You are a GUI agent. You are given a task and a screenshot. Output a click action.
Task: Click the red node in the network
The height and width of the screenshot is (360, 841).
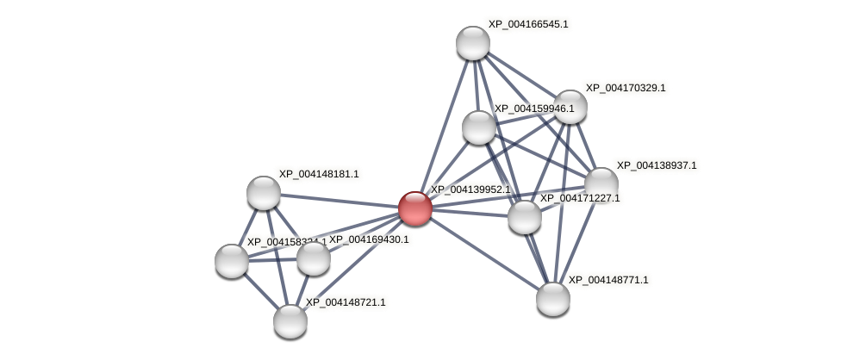click(414, 208)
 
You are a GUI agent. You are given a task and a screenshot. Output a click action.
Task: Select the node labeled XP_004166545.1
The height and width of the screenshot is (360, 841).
click(473, 43)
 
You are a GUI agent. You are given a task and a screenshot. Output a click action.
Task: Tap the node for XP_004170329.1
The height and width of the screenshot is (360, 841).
click(570, 107)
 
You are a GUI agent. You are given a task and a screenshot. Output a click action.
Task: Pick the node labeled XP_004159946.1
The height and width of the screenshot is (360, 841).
click(479, 127)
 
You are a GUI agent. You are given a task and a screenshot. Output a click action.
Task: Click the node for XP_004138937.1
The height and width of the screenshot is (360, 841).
click(601, 184)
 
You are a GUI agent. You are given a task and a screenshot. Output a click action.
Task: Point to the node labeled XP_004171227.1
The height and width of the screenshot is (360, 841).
click(525, 217)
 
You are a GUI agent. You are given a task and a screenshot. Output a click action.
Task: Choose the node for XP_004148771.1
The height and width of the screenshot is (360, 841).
click(553, 299)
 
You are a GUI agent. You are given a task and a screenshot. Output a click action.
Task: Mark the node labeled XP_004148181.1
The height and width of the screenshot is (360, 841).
click(264, 193)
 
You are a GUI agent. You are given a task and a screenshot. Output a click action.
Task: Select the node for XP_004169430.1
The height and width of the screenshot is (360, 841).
click(314, 258)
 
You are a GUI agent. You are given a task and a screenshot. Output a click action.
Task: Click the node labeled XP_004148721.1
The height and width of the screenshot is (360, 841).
click(290, 321)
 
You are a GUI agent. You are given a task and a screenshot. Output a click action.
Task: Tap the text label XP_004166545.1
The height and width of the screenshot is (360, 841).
click(528, 24)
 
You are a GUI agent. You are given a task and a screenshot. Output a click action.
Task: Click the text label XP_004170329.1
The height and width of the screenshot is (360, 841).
click(626, 88)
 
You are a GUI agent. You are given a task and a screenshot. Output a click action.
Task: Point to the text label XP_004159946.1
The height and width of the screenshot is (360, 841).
click(534, 109)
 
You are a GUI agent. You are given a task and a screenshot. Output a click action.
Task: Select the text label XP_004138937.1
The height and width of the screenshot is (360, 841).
click(657, 165)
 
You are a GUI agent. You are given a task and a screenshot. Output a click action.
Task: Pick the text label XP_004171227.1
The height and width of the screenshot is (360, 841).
click(580, 198)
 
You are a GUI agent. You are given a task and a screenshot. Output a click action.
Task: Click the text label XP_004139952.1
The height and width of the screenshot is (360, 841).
click(470, 189)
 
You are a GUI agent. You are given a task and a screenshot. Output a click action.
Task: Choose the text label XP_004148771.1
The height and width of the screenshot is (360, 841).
click(608, 280)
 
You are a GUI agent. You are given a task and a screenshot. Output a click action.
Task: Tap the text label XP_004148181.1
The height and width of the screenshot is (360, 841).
click(319, 174)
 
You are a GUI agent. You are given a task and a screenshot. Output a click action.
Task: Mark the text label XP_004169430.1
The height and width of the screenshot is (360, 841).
click(369, 239)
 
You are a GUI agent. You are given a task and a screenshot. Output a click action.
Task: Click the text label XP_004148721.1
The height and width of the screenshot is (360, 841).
click(346, 302)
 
